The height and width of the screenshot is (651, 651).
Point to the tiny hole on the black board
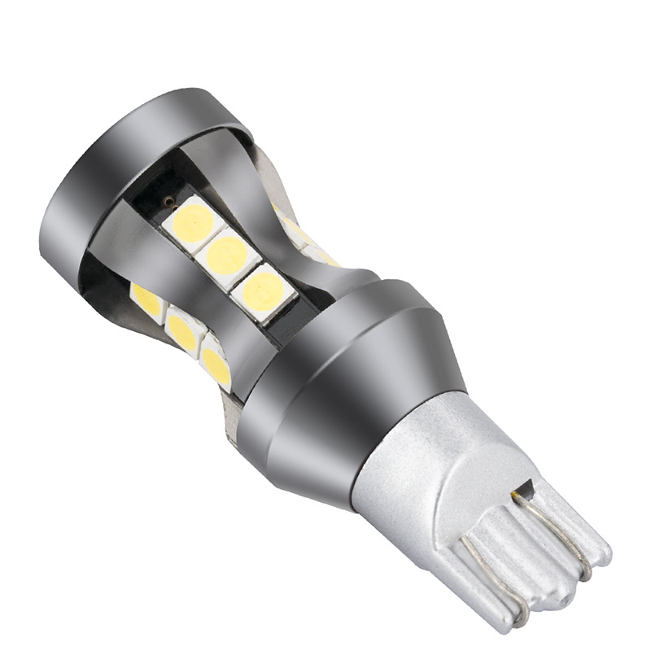point(168,201)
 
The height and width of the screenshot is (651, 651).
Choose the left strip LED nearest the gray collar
point(216,365)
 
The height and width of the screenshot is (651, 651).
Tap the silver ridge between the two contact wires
point(529,553)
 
